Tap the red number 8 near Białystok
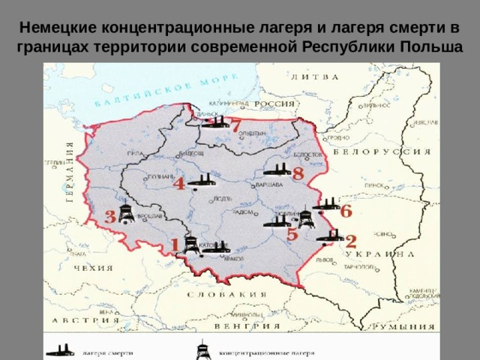[x=298, y=173]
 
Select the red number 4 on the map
[x=180, y=184]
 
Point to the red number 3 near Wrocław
[x=110, y=217]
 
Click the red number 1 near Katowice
[x=175, y=245]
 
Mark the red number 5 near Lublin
[x=292, y=234]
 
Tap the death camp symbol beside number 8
[x=280, y=172]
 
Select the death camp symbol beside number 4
[x=199, y=180]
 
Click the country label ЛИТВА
[x=314, y=76]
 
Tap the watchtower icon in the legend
[x=202, y=350]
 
